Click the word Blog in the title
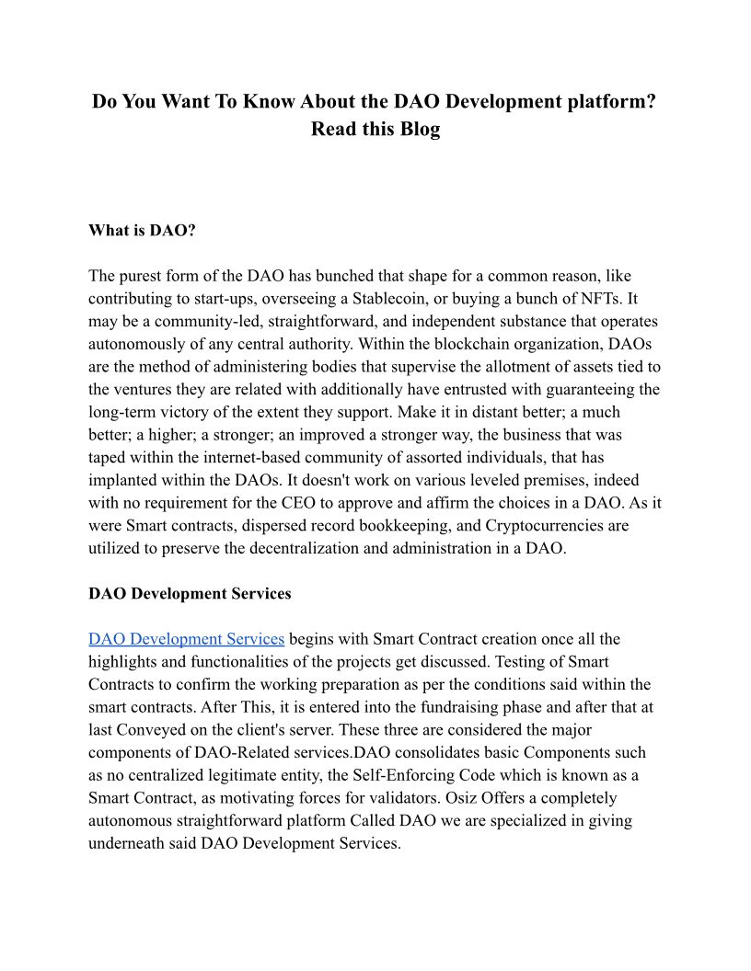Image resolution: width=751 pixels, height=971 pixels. tap(420, 129)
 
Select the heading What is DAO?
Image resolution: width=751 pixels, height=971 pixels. tap(142, 230)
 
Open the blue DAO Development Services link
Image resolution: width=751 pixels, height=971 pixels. tap(186, 639)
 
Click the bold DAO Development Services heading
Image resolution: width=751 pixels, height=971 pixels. tap(190, 594)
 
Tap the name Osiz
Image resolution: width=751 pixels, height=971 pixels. tap(462, 798)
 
